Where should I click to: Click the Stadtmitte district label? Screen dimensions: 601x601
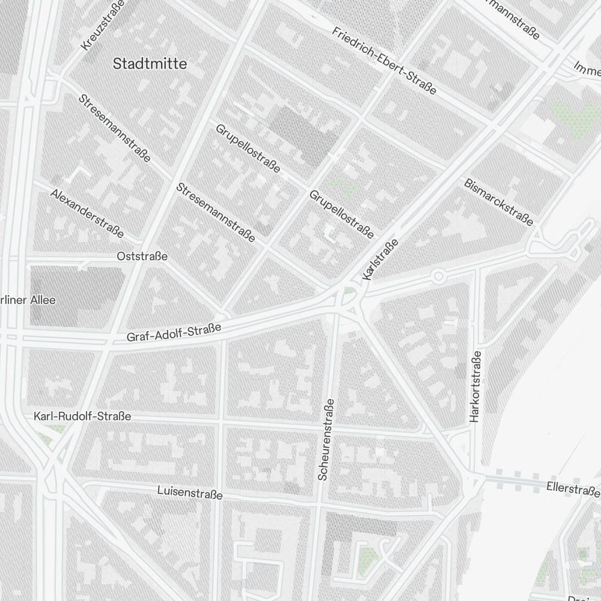(x=150, y=63)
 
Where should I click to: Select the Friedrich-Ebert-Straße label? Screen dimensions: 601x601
(x=384, y=61)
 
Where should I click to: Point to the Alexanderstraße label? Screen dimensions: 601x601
(x=87, y=213)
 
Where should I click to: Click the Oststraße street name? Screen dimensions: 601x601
(x=142, y=257)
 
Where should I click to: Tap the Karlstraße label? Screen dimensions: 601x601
(x=381, y=260)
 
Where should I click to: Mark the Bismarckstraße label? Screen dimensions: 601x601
(x=498, y=201)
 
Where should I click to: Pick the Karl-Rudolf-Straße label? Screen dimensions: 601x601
(x=82, y=416)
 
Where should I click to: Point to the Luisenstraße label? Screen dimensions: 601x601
(x=189, y=493)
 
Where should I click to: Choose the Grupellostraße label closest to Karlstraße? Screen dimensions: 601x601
(x=341, y=213)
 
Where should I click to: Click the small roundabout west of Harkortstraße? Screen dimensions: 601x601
(x=438, y=276)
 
